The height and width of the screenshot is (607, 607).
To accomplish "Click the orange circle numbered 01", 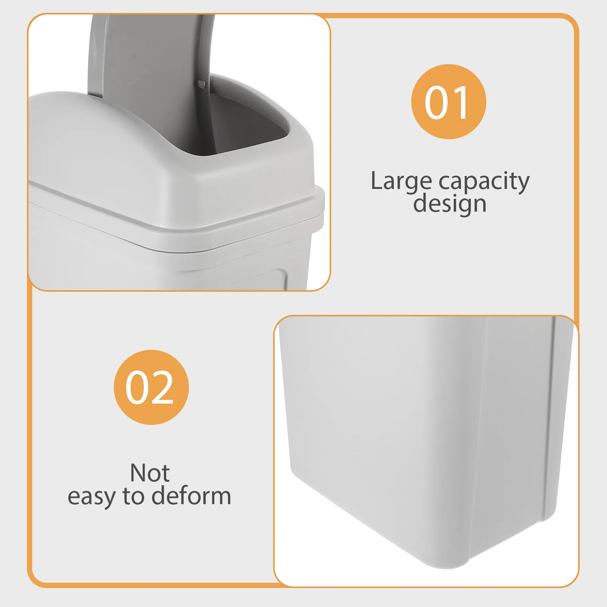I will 448,102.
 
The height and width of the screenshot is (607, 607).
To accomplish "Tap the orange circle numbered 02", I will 151,387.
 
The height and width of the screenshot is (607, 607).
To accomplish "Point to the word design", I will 450,204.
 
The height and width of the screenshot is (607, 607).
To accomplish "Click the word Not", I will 150,473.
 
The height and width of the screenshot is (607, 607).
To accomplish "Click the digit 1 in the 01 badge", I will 462,102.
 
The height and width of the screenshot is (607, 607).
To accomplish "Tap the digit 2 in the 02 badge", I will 164,387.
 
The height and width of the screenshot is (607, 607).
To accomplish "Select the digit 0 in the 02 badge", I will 137,387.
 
